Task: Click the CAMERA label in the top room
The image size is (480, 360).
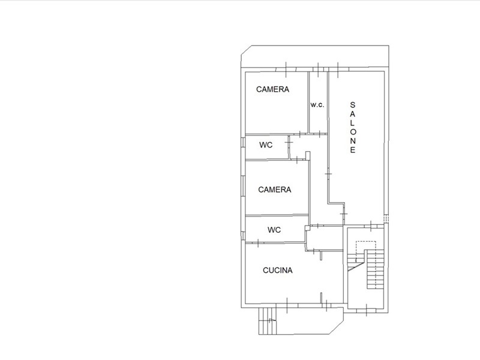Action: pos(272,89)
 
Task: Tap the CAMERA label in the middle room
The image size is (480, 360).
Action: pos(275,190)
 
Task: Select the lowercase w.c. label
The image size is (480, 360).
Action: pos(317,104)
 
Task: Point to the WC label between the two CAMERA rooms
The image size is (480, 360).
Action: pos(266,145)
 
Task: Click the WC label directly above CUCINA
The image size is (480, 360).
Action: pos(274,230)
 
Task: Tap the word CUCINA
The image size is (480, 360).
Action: pos(278,271)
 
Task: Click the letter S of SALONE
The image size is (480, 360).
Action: pos(353,105)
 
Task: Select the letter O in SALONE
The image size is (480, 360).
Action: pos(353,131)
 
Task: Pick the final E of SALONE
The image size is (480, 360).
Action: pos(353,149)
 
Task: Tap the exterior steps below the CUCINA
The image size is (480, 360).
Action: pos(267,321)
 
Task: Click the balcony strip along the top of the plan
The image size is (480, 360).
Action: pos(316,56)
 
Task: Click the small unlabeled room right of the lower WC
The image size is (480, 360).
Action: pos(325,238)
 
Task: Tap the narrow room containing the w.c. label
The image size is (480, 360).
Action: pos(318,102)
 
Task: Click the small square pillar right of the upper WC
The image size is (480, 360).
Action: pos(308,155)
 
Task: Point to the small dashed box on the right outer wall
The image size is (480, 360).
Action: pos(386,218)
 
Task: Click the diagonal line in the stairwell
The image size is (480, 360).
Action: pos(356,266)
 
